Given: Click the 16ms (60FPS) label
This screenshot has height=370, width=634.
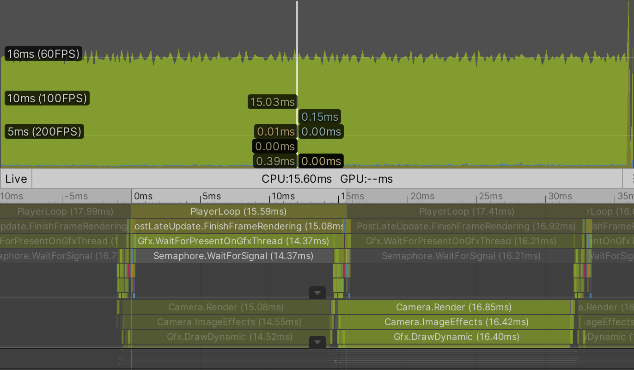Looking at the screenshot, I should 43,54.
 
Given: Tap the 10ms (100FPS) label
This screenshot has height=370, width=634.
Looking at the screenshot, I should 47,99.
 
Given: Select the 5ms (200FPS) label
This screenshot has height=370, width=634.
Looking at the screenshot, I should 44,132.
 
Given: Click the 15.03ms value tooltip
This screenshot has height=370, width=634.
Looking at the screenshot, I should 272,102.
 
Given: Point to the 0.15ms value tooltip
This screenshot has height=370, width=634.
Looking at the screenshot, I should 320,117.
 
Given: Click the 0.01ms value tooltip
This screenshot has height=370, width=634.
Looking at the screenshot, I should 275,132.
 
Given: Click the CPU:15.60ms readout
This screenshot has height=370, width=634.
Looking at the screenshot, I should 297,179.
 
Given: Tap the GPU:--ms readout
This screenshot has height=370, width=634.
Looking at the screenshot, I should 366,179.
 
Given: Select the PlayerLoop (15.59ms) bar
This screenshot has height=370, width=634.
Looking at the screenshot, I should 238,212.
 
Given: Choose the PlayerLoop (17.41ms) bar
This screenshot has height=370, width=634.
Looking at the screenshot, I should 466,212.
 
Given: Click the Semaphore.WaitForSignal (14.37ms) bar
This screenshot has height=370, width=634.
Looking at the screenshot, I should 233,256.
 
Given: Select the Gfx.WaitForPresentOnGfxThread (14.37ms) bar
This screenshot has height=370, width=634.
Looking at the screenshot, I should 233,241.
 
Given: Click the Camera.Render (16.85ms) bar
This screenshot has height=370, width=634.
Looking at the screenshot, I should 454,307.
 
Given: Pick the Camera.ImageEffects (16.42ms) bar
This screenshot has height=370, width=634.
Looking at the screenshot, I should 456,322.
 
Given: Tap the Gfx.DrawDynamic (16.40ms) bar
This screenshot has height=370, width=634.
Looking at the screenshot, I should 456,337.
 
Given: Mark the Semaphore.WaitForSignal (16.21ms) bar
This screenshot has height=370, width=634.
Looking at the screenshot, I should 461,256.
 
